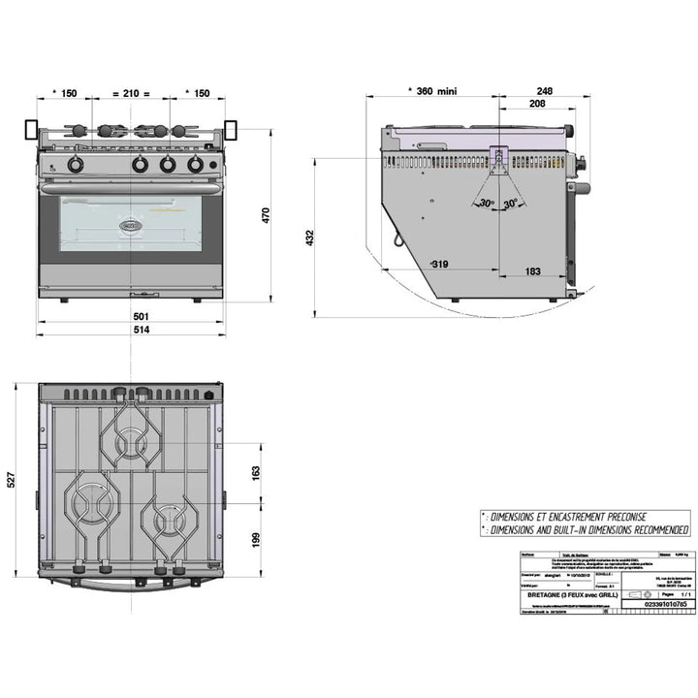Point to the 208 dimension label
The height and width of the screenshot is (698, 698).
tap(536, 103)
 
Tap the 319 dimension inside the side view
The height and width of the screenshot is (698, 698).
tap(439, 264)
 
